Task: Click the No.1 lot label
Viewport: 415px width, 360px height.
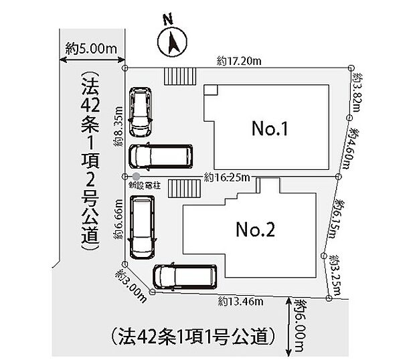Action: (269, 129)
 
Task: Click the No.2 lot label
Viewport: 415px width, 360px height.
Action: (255, 230)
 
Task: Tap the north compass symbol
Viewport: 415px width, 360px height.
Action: (171, 41)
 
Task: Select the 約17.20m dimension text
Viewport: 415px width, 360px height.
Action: (239, 61)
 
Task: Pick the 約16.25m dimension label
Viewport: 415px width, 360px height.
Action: (227, 177)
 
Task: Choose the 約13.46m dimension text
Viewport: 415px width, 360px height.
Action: (239, 302)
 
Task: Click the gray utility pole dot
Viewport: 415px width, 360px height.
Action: (137, 177)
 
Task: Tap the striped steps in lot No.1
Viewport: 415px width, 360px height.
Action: (179, 76)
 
